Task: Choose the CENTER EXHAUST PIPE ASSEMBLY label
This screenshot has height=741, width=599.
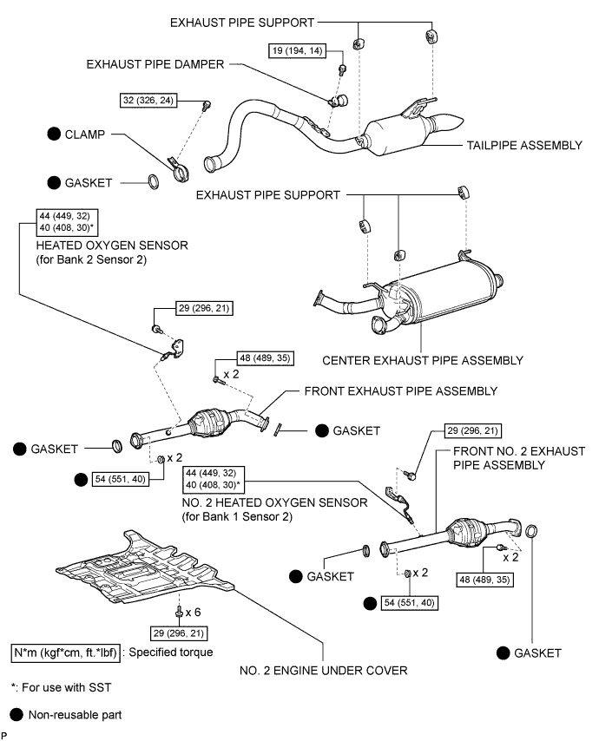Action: coord(422,360)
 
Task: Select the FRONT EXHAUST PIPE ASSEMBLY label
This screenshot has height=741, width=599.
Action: coord(400,391)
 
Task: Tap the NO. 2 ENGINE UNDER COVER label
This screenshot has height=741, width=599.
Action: coord(324,669)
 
